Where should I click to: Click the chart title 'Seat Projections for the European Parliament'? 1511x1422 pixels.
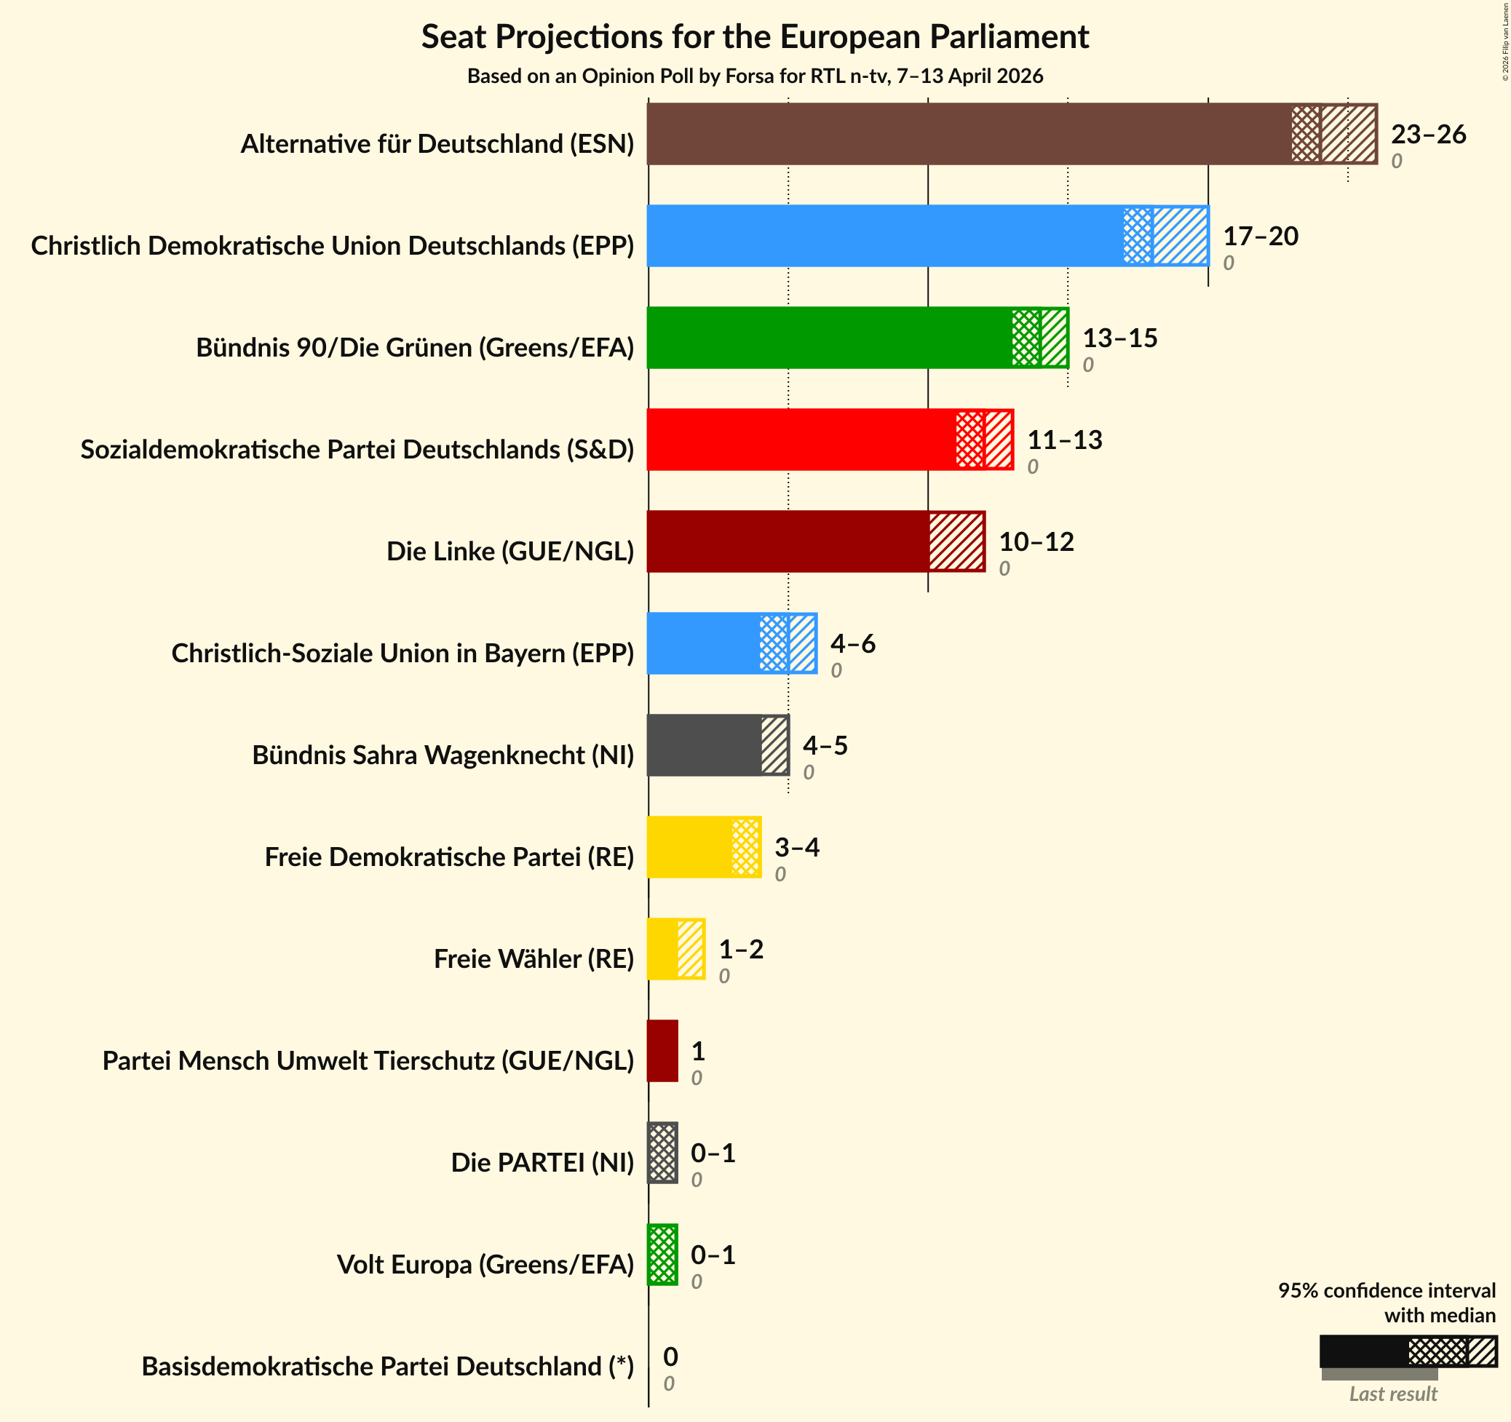pyautogui.click(x=755, y=37)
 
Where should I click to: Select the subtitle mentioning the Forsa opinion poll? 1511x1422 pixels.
pyautogui.click(x=755, y=76)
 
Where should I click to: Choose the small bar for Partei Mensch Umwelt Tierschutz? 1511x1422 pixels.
pyautogui.click(x=662, y=1050)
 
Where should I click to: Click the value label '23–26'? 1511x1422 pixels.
pyautogui.click(x=1428, y=135)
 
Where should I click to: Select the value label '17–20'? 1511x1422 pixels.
pyautogui.click(x=1260, y=237)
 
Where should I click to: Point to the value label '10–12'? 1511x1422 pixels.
pyautogui.click(x=1036, y=542)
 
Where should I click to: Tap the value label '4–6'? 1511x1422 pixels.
pyautogui.click(x=853, y=644)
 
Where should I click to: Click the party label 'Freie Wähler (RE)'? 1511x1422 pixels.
pyautogui.click(x=534, y=959)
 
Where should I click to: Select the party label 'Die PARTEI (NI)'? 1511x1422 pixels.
pyautogui.click(x=542, y=1163)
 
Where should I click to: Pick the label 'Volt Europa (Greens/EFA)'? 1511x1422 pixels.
pyautogui.click(x=485, y=1265)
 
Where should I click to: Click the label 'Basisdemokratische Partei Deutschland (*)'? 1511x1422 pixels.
pyautogui.click(x=388, y=1367)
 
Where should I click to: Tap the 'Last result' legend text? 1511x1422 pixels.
pyautogui.click(x=1393, y=1394)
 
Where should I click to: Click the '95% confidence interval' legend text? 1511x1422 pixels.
pyautogui.click(x=1387, y=1290)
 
